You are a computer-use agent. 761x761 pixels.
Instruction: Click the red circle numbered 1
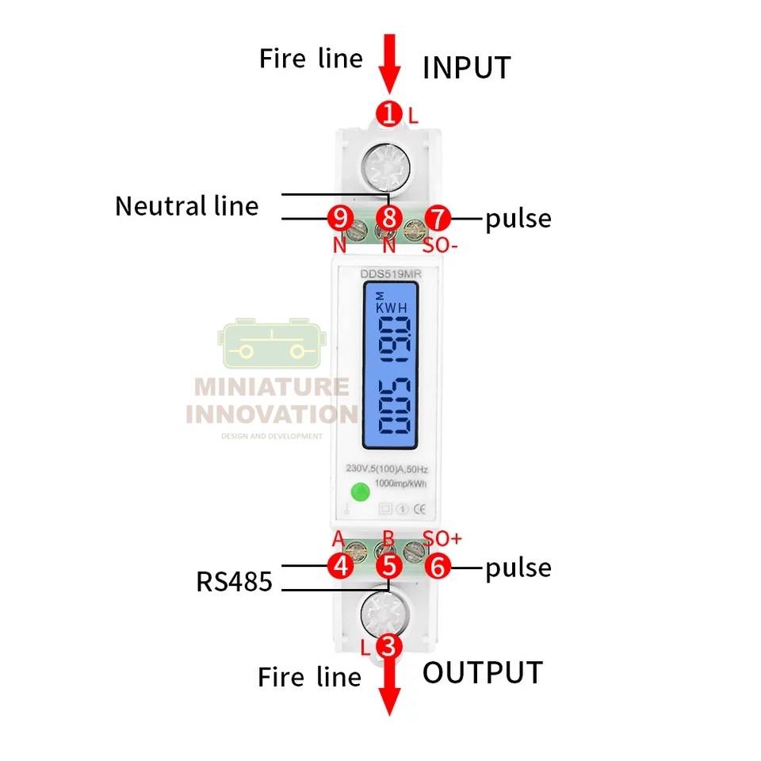[x=388, y=114]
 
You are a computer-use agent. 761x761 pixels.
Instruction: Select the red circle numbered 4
[x=341, y=566]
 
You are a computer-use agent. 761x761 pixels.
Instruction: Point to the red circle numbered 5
[x=388, y=566]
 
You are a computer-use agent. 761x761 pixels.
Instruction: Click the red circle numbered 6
[x=437, y=566]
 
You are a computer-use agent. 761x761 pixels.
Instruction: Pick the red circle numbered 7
[x=437, y=216]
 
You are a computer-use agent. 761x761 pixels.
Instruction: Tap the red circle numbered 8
[x=388, y=216]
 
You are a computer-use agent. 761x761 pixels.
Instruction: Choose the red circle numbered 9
[x=340, y=216]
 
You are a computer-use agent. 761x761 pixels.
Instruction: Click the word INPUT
[x=466, y=68]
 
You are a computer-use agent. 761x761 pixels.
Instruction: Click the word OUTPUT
[x=482, y=672]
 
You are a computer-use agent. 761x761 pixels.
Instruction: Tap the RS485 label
[x=234, y=582]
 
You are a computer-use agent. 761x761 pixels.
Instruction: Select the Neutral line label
[x=187, y=206]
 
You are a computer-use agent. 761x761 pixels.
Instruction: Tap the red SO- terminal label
[x=440, y=245]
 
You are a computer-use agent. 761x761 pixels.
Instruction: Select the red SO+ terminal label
[x=442, y=538]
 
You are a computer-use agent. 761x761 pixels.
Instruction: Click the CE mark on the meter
[x=423, y=510]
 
